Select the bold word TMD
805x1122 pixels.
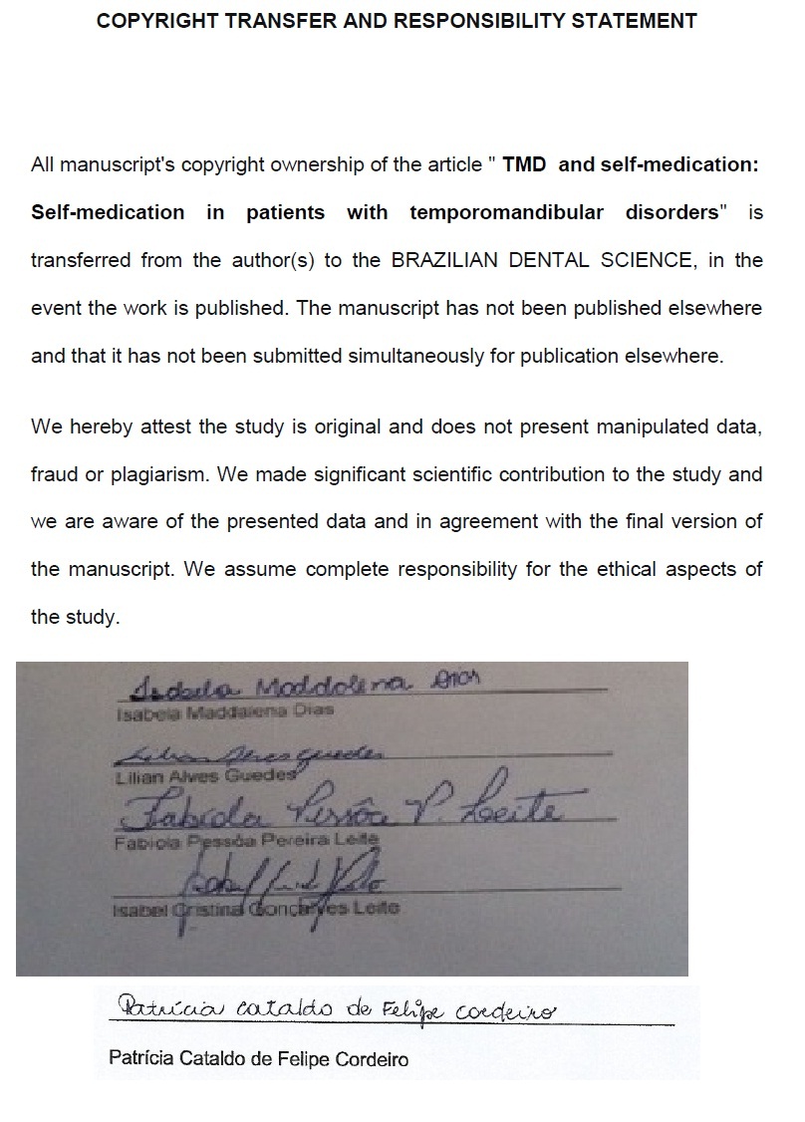[524, 164]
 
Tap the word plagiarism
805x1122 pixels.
[156, 474]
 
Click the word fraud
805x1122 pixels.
[56, 474]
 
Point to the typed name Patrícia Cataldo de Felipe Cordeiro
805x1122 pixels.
[257, 1059]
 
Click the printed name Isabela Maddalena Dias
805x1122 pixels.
[224, 711]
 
